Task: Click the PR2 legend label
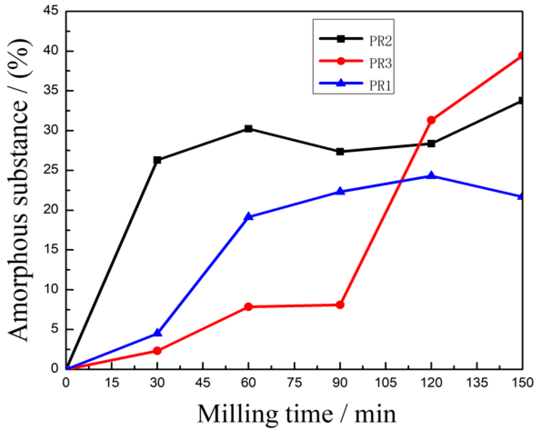point(380,41)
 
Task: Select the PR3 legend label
point(380,63)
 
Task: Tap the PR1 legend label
point(380,86)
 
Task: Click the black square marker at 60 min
point(248,129)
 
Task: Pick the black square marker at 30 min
point(157,160)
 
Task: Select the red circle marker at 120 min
point(431,120)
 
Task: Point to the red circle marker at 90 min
point(340,304)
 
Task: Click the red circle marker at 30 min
point(157,351)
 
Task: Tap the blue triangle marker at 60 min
point(248,217)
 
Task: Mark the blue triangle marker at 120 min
point(431,175)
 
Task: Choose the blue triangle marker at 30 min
point(157,333)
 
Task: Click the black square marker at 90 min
point(340,152)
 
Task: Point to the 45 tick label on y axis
point(51,11)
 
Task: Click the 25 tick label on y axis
point(51,170)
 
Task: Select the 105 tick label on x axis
point(385,383)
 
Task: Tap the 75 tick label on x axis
point(294,383)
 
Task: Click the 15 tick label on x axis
point(111,383)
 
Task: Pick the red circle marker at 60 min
point(248,306)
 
